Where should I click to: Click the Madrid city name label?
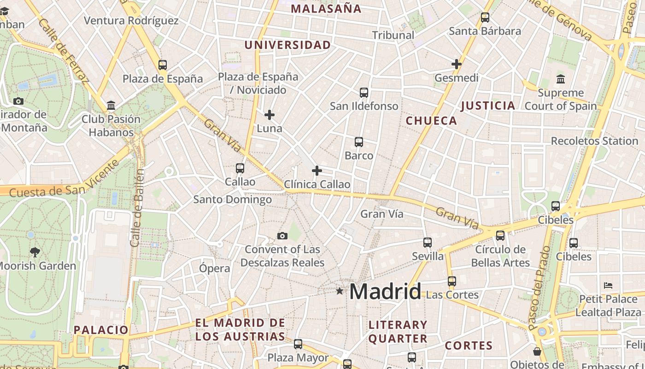click(385, 292)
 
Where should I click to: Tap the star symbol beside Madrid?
click(340, 291)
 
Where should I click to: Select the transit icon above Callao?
click(240, 168)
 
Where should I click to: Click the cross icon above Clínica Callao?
click(317, 171)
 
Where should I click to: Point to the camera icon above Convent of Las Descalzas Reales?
click(282, 236)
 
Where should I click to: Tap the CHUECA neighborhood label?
click(431, 121)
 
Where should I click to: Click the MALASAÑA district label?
click(326, 9)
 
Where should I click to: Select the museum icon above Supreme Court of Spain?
click(561, 79)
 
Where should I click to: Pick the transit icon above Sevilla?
click(428, 243)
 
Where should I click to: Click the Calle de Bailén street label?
click(137, 208)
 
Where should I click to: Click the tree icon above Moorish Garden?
click(35, 252)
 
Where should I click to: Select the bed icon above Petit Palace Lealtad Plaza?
click(608, 286)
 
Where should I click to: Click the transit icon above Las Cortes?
click(452, 281)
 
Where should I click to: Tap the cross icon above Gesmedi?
click(457, 64)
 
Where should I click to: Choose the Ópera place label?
click(215, 268)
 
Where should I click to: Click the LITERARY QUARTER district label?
click(398, 332)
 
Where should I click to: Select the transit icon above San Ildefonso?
click(364, 93)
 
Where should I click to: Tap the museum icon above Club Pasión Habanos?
click(111, 106)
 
